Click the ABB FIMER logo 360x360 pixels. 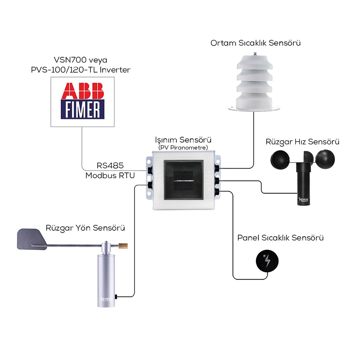pos(82,101)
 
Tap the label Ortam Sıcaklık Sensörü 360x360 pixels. pos(256,43)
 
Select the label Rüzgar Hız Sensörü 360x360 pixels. pos(302,142)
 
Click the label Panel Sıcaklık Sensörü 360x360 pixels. pos(280,238)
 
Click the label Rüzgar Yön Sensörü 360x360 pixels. pos(85,228)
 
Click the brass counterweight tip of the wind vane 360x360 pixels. pos(123,246)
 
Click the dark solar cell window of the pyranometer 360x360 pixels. pos(183,180)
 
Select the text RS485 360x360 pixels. pos(110,166)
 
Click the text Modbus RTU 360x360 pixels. pos(110,176)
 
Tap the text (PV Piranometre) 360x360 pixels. pos(183,147)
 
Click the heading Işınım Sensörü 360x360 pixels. pos(183,139)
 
